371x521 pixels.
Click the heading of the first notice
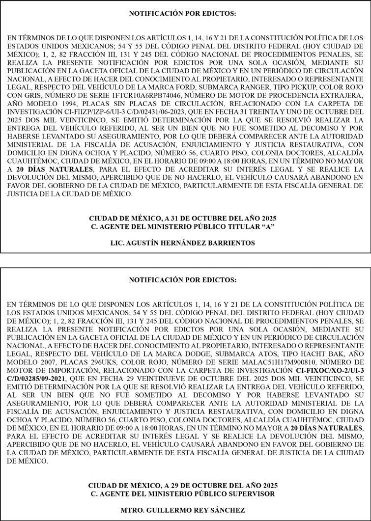182,13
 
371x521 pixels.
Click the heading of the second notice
182,280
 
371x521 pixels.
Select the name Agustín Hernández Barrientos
182,243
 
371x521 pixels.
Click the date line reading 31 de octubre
182,218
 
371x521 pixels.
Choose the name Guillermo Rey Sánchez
182,510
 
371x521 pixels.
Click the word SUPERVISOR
251,494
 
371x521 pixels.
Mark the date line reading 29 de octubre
182,486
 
